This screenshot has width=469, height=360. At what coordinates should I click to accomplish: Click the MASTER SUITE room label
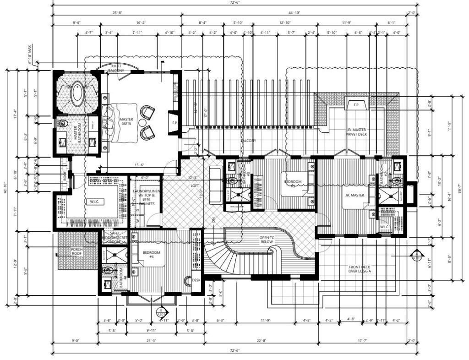(126, 122)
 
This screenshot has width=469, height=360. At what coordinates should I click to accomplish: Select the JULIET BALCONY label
(115, 69)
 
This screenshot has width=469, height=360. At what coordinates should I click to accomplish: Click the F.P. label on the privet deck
(356, 104)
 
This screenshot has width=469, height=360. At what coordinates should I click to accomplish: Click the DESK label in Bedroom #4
(196, 280)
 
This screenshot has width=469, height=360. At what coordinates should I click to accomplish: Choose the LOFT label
(195, 186)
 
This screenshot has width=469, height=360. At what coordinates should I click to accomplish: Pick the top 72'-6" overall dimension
(234, 2)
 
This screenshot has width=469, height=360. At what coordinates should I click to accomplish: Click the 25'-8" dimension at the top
(115, 12)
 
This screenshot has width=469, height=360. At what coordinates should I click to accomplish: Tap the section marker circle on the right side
(417, 255)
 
